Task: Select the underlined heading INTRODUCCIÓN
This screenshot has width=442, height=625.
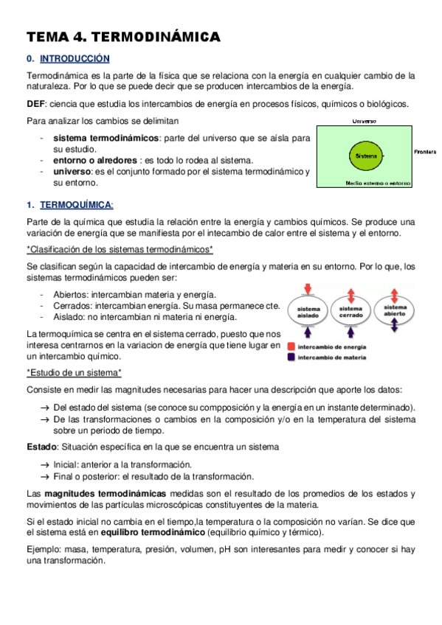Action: [x=75, y=58]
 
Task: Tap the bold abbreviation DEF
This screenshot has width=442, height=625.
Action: [x=35, y=104]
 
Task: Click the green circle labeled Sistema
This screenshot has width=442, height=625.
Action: [x=363, y=157]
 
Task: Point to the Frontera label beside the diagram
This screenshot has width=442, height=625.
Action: [x=426, y=150]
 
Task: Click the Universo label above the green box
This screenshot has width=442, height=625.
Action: [x=364, y=121]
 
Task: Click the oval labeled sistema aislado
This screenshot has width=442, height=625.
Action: [x=308, y=312]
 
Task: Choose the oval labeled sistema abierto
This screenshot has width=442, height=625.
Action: [x=395, y=310]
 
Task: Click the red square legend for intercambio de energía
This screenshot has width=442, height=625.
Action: [x=293, y=346]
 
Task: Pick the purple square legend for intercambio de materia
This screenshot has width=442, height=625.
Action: [x=293, y=357]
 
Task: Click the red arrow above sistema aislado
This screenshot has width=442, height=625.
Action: [x=308, y=288]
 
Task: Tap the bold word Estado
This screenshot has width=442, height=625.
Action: [x=41, y=447]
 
